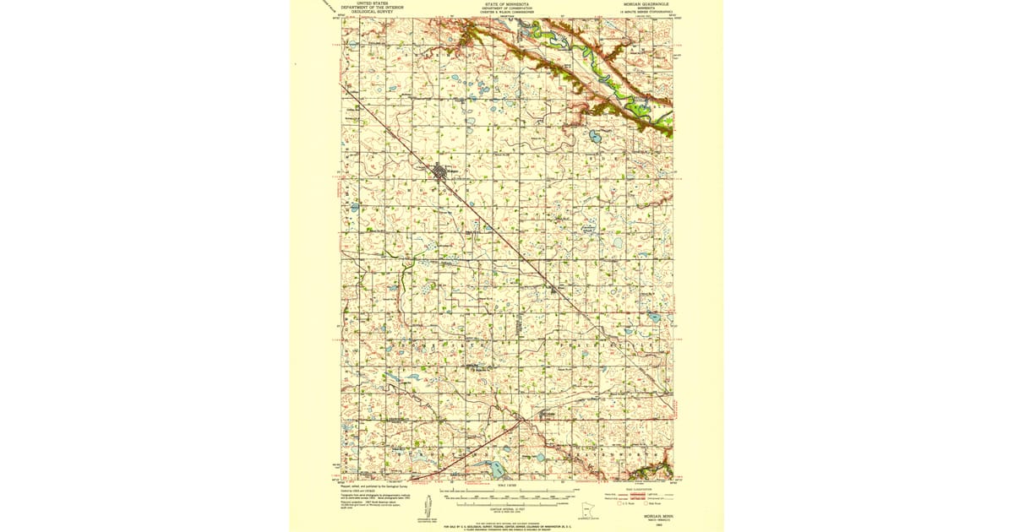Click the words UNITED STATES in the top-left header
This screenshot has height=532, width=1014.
[x=372, y=3]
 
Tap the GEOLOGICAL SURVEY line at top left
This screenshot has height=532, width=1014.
[x=372, y=12]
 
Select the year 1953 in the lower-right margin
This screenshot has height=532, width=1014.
[x=646, y=522]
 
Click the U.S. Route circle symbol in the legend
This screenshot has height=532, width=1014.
[x=622, y=503]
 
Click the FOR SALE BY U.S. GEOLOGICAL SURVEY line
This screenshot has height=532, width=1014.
[x=507, y=524]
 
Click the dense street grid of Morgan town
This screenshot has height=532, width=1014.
[x=440, y=174]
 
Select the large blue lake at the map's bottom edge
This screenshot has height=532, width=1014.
[x=491, y=467]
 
